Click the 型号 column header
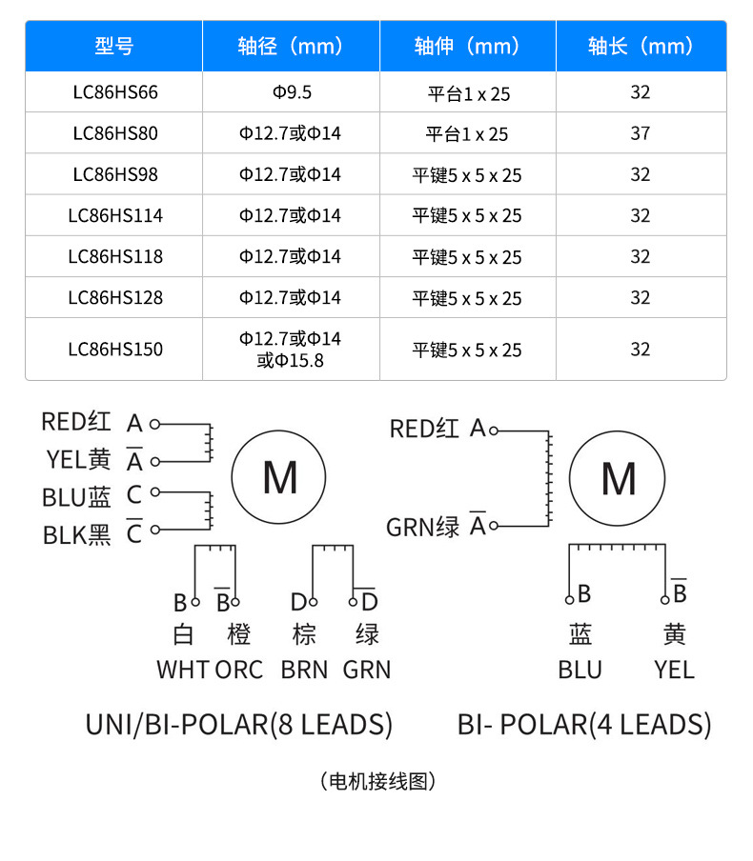[113, 46]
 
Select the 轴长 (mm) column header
[640, 46]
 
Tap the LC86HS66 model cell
[114, 92]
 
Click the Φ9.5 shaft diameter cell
[291, 92]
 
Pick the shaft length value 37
[640, 133]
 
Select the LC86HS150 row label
[114, 349]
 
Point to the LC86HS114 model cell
[114, 215]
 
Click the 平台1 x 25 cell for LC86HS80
[467, 133]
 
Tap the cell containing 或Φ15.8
[291, 360]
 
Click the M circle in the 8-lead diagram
[279, 478]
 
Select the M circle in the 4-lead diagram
[619, 478]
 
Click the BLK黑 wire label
[77, 535]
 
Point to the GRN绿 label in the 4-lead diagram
[423, 527]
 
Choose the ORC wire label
[238, 670]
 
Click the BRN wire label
[304, 670]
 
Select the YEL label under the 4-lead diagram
[674, 670]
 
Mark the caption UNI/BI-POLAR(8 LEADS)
[239, 725]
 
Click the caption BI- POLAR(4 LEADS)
[584, 725]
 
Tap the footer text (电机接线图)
[378, 782]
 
